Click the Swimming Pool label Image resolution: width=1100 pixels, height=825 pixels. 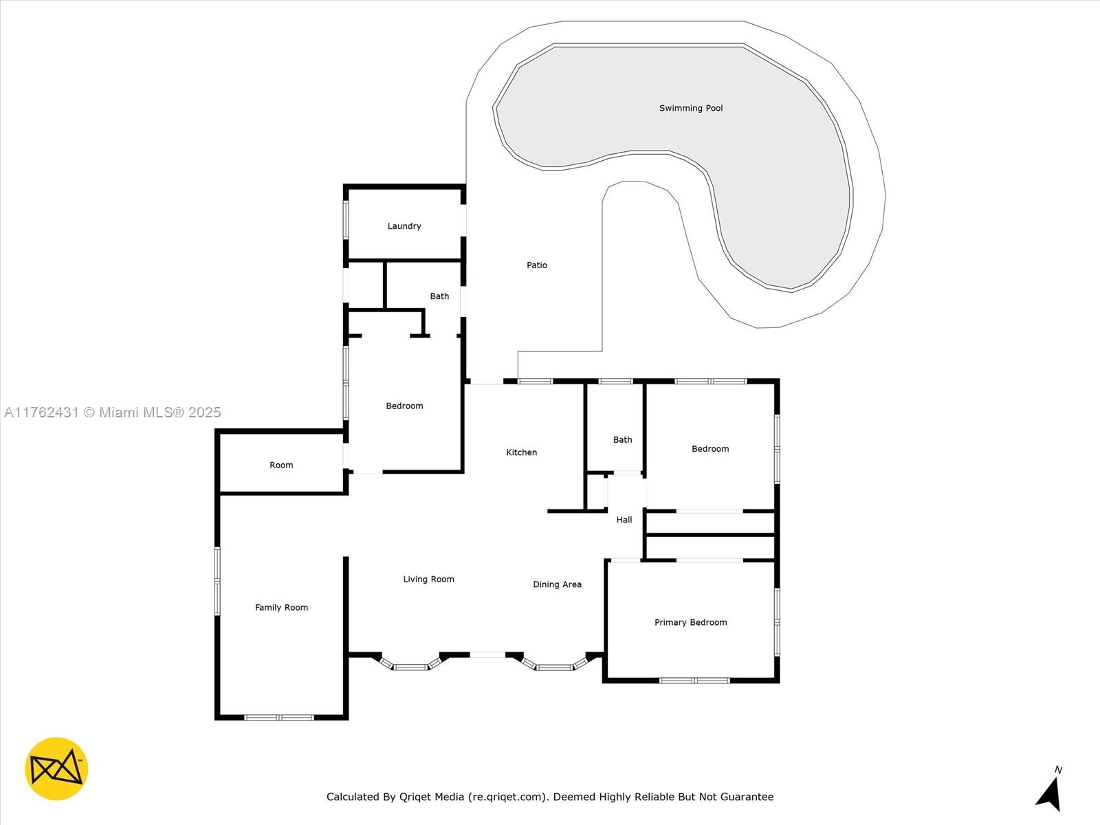690,108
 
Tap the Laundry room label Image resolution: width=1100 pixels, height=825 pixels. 404,225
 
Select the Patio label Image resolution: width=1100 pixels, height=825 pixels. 536,265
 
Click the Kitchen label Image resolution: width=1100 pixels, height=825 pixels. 521,452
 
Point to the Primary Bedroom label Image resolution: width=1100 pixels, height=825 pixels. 690,622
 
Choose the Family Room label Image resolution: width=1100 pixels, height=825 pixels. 281,607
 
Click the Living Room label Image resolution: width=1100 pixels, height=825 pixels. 428,579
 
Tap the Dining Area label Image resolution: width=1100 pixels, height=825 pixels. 557,584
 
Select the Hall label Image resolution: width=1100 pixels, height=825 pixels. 624,520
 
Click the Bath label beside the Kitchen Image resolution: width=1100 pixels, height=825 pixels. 622,439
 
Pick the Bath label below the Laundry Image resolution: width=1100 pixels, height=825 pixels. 439,296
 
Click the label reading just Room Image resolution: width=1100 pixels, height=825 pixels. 281,465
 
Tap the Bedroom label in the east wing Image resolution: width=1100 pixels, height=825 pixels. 709,449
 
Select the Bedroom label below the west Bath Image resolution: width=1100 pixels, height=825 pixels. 404,406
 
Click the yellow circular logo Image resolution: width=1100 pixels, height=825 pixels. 56,769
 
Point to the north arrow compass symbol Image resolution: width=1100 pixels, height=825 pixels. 1050,794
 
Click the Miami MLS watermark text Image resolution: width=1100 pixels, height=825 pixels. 112,412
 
